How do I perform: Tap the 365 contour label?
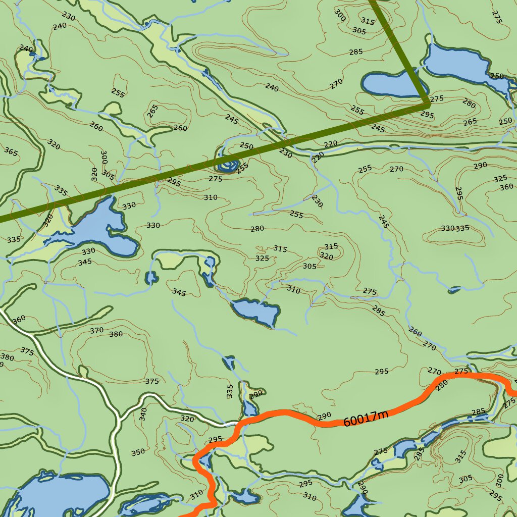(x=11, y=150)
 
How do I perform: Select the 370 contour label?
(x=96, y=330)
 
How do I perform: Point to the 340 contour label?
(x=143, y=414)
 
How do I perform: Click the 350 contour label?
(x=138, y=452)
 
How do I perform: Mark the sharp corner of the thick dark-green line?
(x=428, y=103)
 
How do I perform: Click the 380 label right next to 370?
(x=116, y=334)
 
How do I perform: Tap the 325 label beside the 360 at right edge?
(x=500, y=179)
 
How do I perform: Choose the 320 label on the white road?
(x=187, y=419)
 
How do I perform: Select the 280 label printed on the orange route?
(x=441, y=386)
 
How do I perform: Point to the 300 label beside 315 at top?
(x=340, y=15)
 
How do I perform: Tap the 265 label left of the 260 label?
(x=152, y=111)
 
